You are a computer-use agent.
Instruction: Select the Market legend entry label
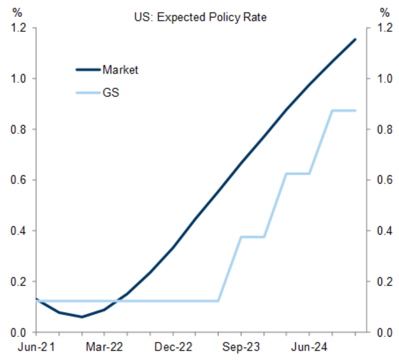tap(120, 70)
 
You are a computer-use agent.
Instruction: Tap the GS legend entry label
tap(111, 92)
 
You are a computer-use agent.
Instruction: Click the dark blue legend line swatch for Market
tap(88, 70)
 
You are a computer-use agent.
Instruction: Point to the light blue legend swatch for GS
tap(88, 93)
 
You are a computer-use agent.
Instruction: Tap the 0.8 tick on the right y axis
tap(384, 129)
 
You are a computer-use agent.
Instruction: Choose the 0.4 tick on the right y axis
tap(384, 231)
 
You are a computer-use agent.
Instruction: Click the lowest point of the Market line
tap(82, 317)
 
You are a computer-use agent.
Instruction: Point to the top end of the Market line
tap(355, 39)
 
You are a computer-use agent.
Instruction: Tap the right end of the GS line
tap(355, 110)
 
